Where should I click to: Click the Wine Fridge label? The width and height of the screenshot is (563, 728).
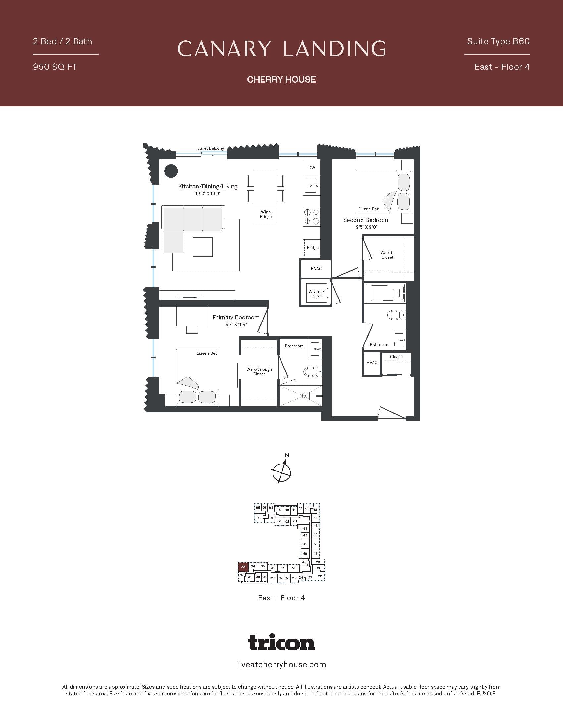pyautogui.click(x=266, y=214)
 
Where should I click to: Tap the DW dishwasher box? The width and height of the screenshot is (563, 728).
pyautogui.click(x=312, y=168)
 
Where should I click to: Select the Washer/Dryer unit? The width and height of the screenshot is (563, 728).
pyautogui.click(x=316, y=294)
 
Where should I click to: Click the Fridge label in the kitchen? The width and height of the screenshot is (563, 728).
pyautogui.click(x=313, y=247)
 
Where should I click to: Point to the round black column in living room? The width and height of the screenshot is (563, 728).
pyautogui.click(x=171, y=171)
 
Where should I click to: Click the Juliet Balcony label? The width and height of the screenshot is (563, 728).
pyautogui.click(x=210, y=148)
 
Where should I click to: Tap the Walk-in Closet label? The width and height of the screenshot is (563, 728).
pyautogui.click(x=387, y=255)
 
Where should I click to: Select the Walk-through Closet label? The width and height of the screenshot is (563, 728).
pyautogui.click(x=259, y=371)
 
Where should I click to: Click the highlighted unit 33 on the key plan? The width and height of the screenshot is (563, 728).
pyautogui.click(x=243, y=567)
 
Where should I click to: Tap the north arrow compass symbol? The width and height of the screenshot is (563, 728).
pyautogui.click(x=282, y=472)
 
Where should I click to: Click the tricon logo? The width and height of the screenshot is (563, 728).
pyautogui.click(x=281, y=643)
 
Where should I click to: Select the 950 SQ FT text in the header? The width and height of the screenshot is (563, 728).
pyautogui.click(x=55, y=67)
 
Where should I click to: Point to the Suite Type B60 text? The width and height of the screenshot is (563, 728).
pyautogui.click(x=498, y=41)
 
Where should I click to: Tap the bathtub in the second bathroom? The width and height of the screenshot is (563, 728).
pyautogui.click(x=385, y=293)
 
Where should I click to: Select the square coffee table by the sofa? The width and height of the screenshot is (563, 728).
pyautogui.click(x=203, y=247)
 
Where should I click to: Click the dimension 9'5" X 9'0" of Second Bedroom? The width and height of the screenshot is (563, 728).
pyautogui.click(x=366, y=227)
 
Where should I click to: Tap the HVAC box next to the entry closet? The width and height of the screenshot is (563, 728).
pyautogui.click(x=372, y=363)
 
